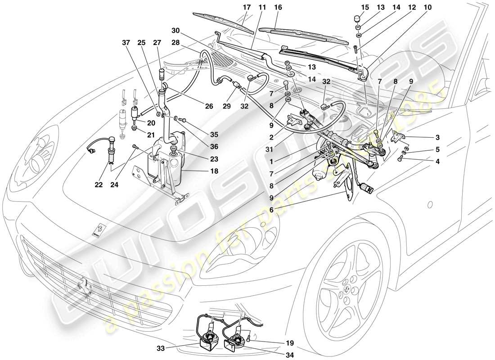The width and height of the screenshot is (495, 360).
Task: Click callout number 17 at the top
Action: click(x=246, y=8)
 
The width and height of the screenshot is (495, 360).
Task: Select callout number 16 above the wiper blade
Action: click(x=278, y=8)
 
